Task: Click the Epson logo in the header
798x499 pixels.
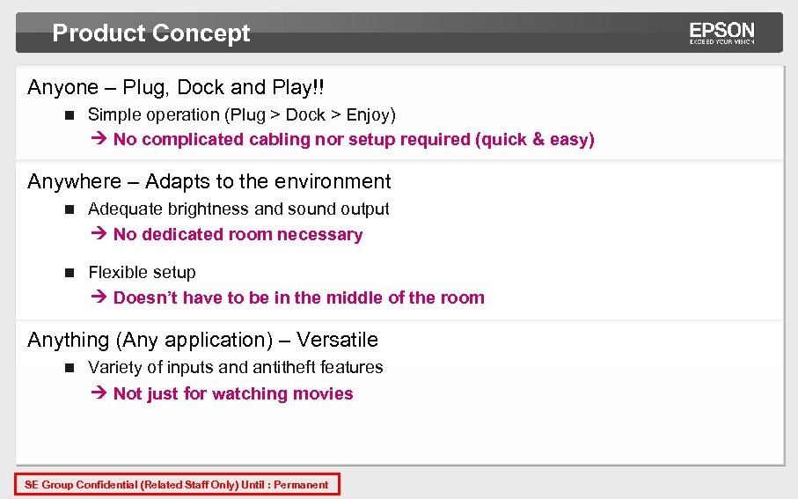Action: click(x=721, y=33)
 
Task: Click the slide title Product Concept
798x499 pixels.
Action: click(x=151, y=33)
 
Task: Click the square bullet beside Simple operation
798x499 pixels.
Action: click(x=70, y=115)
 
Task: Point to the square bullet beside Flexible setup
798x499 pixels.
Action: click(x=70, y=273)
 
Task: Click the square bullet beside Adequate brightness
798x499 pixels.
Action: click(x=70, y=209)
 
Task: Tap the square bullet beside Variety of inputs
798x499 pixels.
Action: click(x=70, y=368)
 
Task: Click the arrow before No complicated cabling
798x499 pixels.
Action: click(x=99, y=140)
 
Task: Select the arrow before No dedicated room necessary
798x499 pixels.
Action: click(x=99, y=235)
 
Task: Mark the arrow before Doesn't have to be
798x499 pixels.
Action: click(x=99, y=298)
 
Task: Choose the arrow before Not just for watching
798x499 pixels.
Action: click(x=99, y=394)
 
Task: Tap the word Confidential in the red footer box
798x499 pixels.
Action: click(x=106, y=485)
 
